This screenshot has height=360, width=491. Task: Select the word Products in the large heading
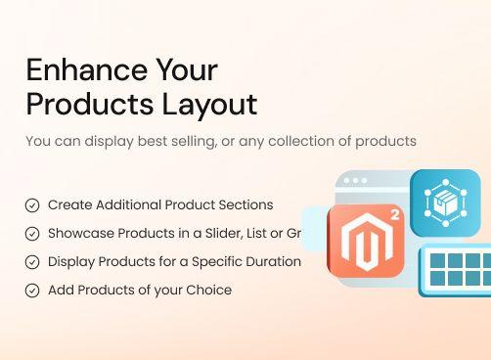[x=79, y=104]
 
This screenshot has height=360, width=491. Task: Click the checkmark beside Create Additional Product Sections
[x=32, y=205]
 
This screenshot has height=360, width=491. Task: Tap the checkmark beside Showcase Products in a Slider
[x=32, y=234]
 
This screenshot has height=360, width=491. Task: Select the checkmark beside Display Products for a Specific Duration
[x=32, y=262]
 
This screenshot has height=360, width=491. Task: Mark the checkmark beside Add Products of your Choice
[x=32, y=291]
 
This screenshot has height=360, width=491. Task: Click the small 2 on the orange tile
[x=394, y=215]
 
